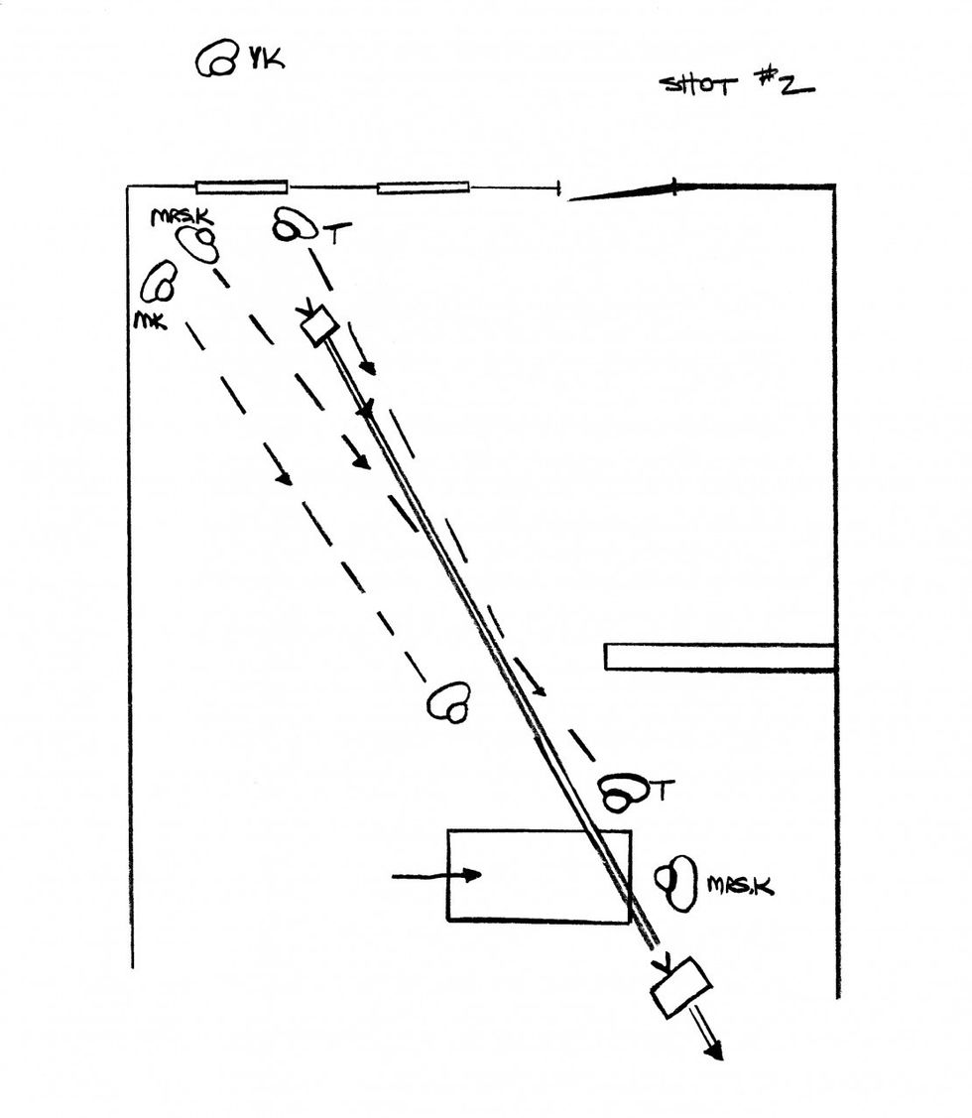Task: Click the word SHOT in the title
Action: pyautogui.click(x=698, y=85)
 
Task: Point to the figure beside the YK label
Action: pyautogui.click(x=217, y=59)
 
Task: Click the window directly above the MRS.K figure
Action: pyautogui.click(x=242, y=187)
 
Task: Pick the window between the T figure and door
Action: pyautogui.click(x=423, y=187)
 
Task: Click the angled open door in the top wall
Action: pyautogui.click(x=622, y=191)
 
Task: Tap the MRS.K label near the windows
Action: pyautogui.click(x=182, y=216)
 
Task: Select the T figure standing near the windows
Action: pyautogui.click(x=295, y=224)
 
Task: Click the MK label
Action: pyautogui.click(x=151, y=321)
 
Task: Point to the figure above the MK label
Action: pyautogui.click(x=159, y=281)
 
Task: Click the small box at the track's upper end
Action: pyautogui.click(x=318, y=325)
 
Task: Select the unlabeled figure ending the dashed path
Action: pyautogui.click(x=449, y=702)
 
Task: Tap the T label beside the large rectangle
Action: pyautogui.click(x=664, y=790)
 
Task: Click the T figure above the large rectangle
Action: pyautogui.click(x=623, y=793)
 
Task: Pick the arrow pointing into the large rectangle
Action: pyautogui.click(x=436, y=875)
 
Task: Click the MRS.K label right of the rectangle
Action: pyautogui.click(x=740, y=886)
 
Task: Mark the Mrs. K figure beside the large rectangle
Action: pyautogui.click(x=676, y=884)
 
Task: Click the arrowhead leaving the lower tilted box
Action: pyautogui.click(x=714, y=1051)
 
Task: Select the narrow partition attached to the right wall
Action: pyautogui.click(x=719, y=657)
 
